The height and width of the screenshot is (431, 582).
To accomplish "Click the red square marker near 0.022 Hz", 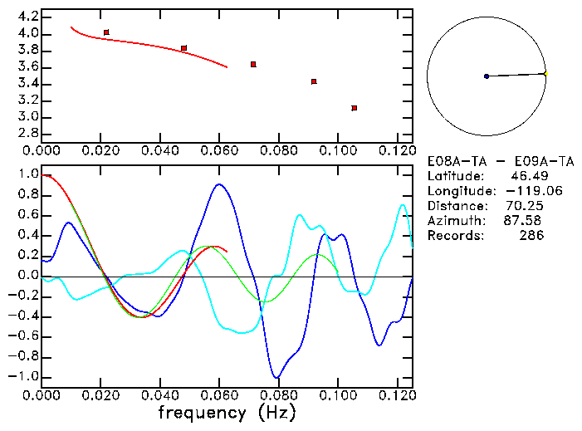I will [106, 32].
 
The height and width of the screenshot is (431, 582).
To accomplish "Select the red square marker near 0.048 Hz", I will [183, 48].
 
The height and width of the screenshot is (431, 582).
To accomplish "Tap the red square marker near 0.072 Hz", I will [253, 64].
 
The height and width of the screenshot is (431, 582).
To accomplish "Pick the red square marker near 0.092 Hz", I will [314, 81].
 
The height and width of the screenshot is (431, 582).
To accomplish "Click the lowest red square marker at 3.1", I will [355, 108].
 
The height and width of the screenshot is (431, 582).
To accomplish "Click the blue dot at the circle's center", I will [486, 76].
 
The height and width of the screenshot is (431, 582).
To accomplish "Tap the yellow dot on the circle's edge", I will [545, 74].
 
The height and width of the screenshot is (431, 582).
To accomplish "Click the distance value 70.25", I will [524, 206].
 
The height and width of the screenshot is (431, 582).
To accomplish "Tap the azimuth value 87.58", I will [524, 221].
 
